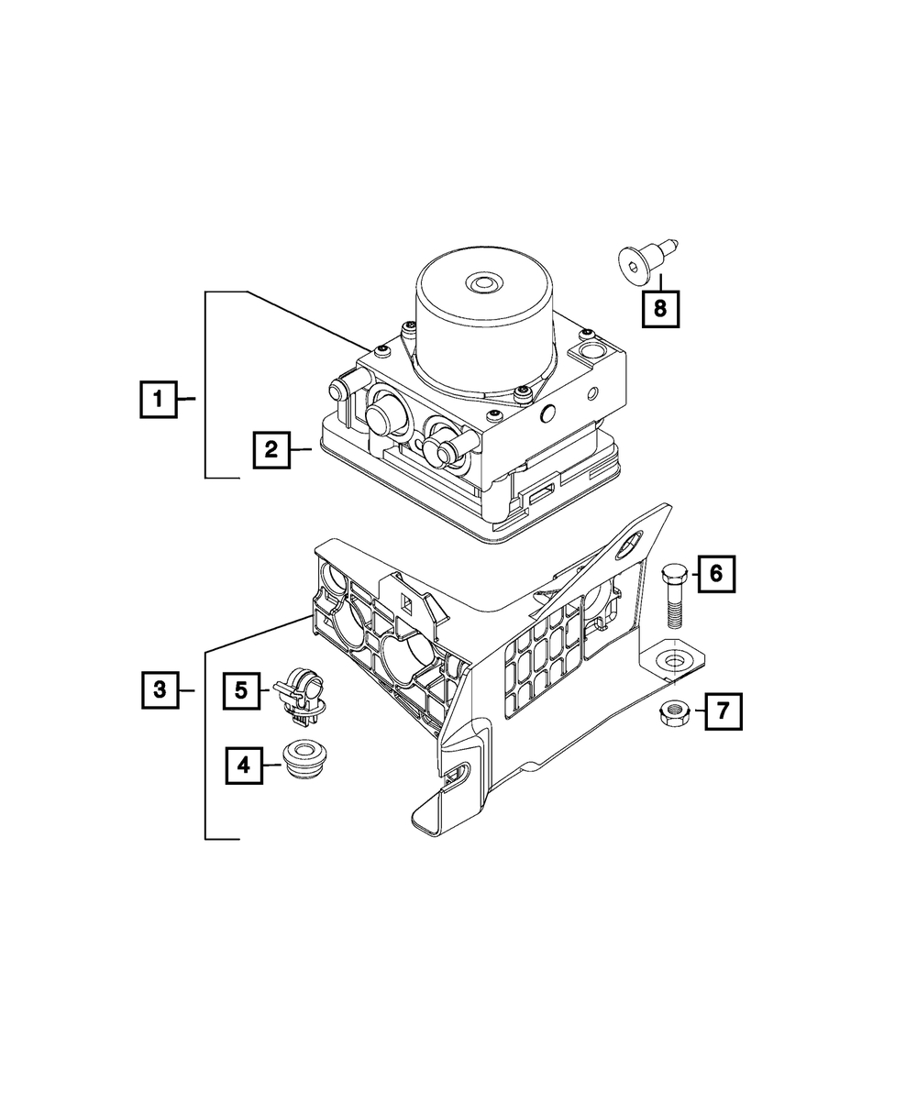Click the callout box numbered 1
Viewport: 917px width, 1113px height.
pos(159,399)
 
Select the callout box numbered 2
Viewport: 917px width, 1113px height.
pos(271,450)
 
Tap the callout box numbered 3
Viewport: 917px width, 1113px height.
pos(160,690)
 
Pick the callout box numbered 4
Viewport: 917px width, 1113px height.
pos(244,766)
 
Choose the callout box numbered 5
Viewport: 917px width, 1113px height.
pos(241,691)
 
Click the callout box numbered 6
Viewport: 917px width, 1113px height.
pos(716,574)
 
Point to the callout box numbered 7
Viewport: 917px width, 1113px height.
pos(724,711)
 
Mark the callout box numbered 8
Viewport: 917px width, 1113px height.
pos(660,309)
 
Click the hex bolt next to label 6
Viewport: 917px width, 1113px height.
pos(674,597)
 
